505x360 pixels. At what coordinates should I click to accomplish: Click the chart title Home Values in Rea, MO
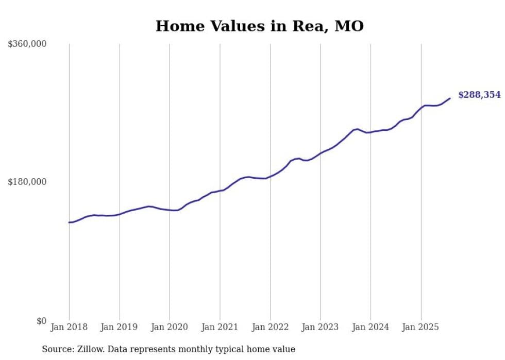260,26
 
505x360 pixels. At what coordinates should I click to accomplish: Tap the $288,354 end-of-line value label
479,95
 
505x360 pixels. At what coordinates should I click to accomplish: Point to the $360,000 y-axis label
27,44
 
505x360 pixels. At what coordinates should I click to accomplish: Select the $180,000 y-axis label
27,182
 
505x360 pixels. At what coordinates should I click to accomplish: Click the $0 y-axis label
41,321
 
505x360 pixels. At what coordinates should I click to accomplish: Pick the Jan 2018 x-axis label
69,327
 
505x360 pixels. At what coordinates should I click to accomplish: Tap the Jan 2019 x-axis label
120,327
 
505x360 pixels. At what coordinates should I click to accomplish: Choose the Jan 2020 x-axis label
170,327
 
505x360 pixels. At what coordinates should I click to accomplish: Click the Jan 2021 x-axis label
220,327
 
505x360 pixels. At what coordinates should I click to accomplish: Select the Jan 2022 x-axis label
270,327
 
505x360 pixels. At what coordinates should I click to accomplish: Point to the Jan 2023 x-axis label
321,327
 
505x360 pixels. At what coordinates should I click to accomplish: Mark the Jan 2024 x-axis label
371,327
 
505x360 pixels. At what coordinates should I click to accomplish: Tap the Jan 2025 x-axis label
421,327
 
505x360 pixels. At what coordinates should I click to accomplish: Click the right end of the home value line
450,98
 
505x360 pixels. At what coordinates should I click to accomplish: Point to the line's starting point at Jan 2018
69,222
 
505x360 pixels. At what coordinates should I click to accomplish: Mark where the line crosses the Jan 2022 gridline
270,177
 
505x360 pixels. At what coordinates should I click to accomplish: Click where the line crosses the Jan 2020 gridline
170,210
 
